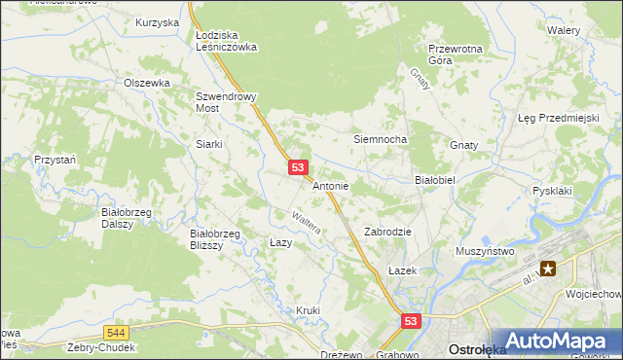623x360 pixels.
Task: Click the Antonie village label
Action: [331, 185]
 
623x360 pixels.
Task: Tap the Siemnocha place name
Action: [380, 139]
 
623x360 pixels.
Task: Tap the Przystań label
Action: [55, 158]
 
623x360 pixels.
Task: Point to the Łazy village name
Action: [280, 241]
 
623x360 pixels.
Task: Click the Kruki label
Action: [308, 310]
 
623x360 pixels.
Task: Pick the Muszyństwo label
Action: [485, 251]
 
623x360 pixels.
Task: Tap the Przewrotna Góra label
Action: [455, 54]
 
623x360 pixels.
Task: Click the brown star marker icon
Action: [549, 269]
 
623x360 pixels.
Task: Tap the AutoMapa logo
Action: [553, 340]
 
